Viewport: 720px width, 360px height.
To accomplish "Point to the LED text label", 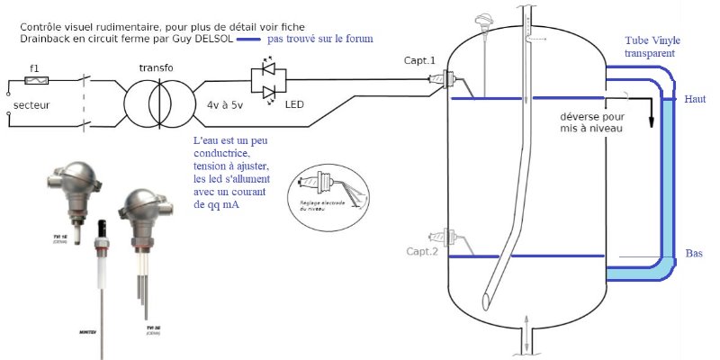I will tap(294, 105).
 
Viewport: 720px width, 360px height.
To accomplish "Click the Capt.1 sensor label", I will tap(420, 60).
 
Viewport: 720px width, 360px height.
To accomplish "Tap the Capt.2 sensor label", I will tap(421, 251).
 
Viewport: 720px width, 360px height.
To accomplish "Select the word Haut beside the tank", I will tap(695, 98).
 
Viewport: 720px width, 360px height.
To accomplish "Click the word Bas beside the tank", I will tap(694, 253).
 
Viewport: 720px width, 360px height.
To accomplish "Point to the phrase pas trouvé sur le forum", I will tap(320, 40).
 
